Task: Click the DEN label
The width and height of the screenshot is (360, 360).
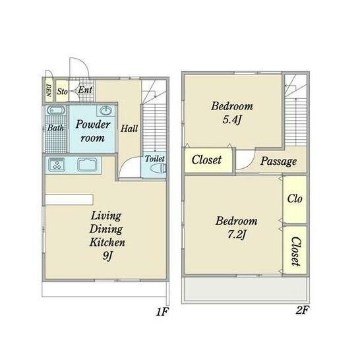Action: click(48, 90)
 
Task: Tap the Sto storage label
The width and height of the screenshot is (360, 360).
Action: click(62, 92)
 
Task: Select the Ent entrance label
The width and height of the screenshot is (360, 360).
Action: click(85, 90)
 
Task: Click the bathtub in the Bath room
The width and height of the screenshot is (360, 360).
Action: click(56, 110)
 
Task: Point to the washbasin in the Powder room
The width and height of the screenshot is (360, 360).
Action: click(105, 110)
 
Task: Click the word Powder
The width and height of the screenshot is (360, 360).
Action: click(93, 125)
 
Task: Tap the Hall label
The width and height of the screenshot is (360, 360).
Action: click(129, 129)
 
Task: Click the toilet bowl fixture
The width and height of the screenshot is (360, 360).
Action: click(158, 168)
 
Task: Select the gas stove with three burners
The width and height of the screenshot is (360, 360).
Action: click(57, 164)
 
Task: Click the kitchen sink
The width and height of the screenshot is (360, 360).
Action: click(87, 164)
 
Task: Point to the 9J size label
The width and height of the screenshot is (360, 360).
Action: click(107, 256)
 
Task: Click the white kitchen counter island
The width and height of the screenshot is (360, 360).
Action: click(69, 200)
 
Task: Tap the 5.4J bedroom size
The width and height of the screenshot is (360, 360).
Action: click(232, 119)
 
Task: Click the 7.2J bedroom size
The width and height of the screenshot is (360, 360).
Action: click(237, 235)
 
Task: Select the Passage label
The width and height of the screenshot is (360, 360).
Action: click(278, 161)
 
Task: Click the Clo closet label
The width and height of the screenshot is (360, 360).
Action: click(295, 198)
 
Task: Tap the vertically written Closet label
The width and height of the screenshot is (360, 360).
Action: click(295, 251)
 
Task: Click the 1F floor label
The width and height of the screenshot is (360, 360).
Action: click(162, 312)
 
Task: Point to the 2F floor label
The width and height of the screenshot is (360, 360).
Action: click(302, 310)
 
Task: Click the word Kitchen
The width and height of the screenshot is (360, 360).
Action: click(107, 242)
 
